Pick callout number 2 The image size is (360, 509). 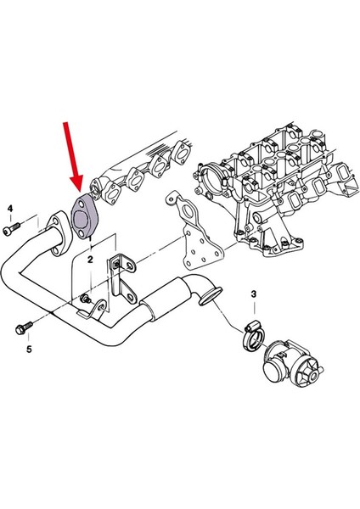91,262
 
